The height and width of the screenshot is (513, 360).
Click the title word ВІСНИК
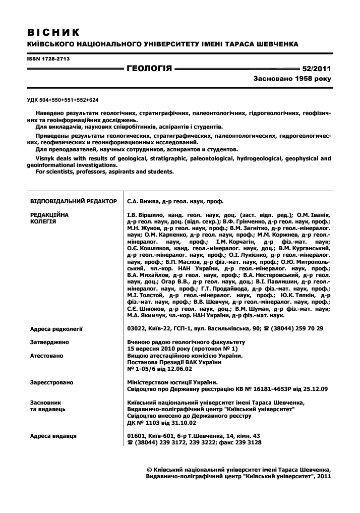(53, 33)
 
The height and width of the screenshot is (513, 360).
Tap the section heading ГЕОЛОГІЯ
(150, 69)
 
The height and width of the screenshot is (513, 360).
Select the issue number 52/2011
(316, 69)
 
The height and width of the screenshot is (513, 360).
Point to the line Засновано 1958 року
(292, 80)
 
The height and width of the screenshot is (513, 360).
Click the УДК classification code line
(63, 100)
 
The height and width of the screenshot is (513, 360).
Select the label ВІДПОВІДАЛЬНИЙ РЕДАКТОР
(74, 201)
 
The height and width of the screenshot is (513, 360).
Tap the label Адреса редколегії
(56, 328)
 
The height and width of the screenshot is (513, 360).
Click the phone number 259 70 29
(307, 328)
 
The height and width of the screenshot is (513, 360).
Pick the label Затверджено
(50, 342)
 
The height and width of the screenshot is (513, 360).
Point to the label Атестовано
(47, 356)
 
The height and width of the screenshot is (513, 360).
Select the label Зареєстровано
(52, 382)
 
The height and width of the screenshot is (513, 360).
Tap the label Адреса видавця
(53, 435)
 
